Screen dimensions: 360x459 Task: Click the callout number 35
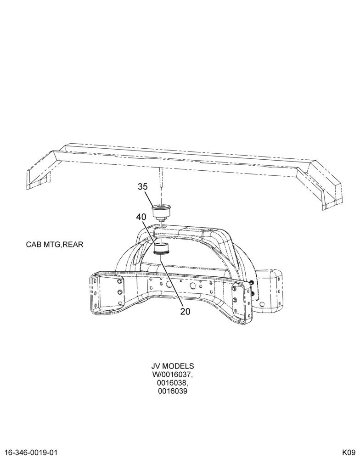[143, 186]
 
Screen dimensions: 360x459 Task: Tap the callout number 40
[141, 217]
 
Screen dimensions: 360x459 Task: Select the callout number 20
[185, 312]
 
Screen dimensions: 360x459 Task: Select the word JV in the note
[156, 366]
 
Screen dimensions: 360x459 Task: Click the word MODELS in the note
[178, 366]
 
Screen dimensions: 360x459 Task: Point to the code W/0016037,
[173, 375]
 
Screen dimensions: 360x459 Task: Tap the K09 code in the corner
[349, 453]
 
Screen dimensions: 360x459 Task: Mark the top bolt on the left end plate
[119, 282]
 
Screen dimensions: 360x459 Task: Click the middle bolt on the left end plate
[120, 292]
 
